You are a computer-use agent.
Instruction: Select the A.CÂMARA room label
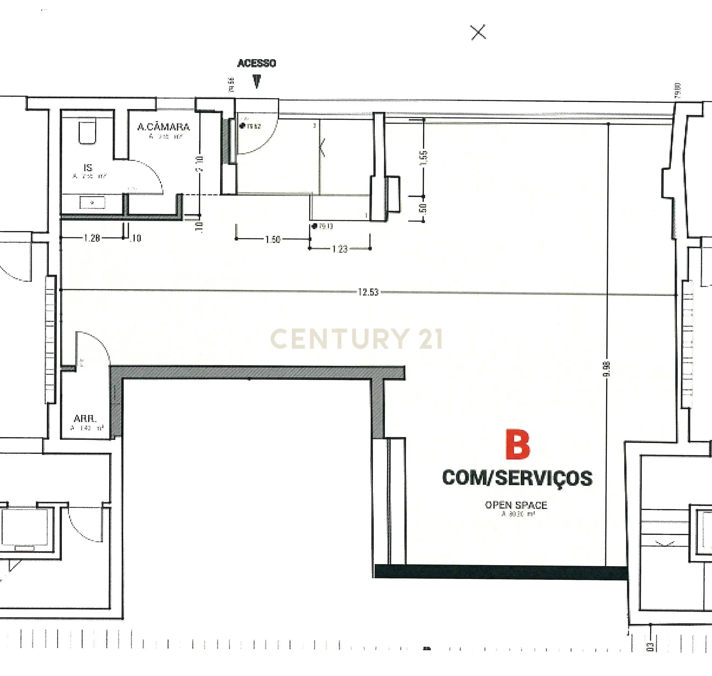pos(163,127)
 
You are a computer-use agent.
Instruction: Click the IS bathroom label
pos(88,168)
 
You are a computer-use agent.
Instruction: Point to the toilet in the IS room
pos(87,132)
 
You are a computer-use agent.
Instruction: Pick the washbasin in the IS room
pos(92,203)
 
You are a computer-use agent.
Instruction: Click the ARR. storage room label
pos(85,418)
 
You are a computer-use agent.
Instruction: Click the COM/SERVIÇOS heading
pos(517,478)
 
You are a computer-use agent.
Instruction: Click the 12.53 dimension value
pos(368,292)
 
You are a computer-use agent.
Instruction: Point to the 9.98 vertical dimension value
pos(607,369)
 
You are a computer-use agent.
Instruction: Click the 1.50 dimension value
pos(273,240)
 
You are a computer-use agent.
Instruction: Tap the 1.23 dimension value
pos(340,249)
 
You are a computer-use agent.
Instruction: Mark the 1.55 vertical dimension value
pos(424,158)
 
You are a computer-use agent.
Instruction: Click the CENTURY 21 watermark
pos(356,339)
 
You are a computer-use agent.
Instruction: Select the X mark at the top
pos(478,32)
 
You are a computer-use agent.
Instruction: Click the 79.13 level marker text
pos(325,226)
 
